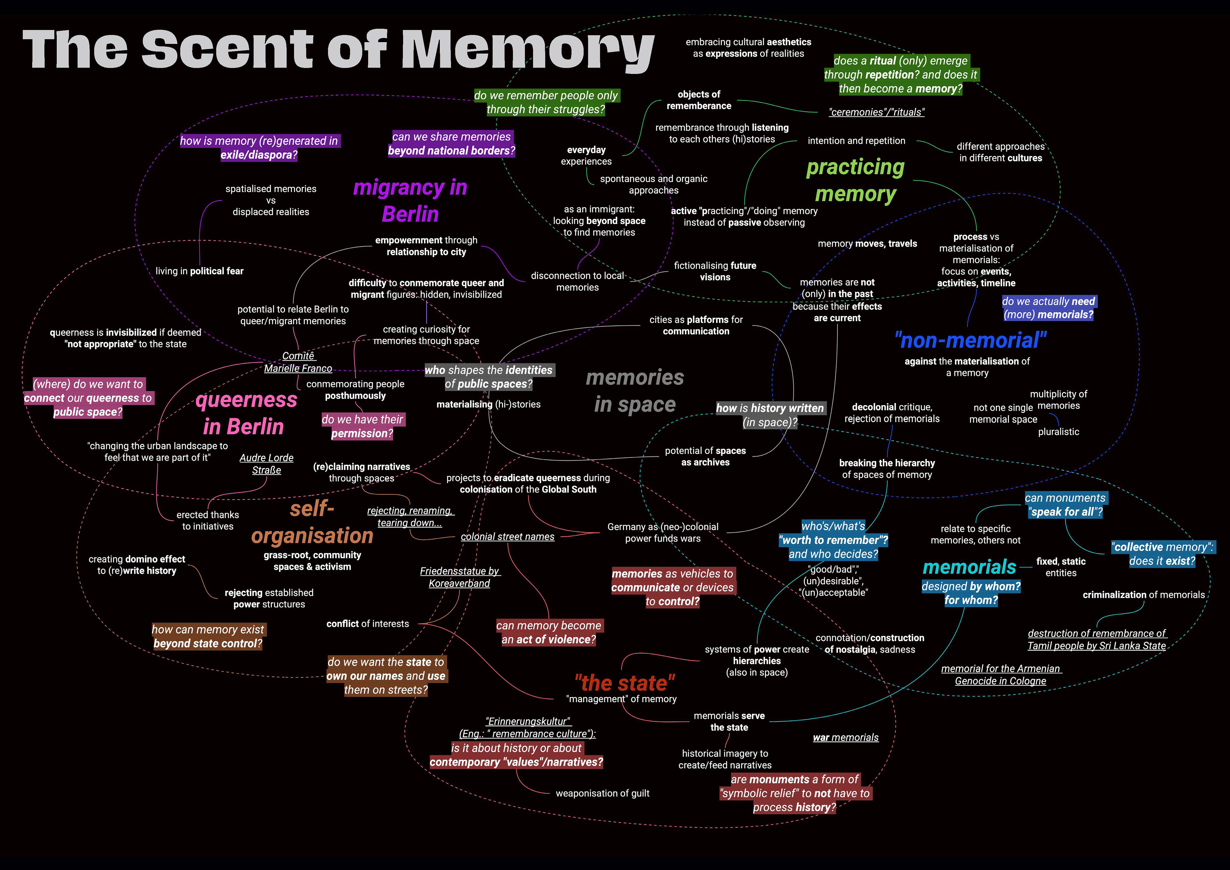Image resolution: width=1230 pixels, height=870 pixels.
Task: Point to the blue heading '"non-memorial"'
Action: (x=970, y=340)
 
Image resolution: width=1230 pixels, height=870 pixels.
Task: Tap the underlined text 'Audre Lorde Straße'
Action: (x=266, y=464)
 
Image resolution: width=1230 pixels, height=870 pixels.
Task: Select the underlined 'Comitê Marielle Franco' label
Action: (x=298, y=362)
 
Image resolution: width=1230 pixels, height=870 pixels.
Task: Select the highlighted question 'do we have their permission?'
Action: (x=363, y=426)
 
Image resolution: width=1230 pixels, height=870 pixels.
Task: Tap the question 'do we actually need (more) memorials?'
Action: (x=1048, y=308)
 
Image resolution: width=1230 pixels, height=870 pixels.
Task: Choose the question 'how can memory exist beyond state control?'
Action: (x=208, y=636)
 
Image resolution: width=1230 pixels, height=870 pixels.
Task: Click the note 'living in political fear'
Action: (x=199, y=271)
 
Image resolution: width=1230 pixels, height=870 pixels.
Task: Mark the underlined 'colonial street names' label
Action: (x=507, y=537)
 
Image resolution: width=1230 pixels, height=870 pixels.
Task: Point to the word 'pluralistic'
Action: (x=1058, y=432)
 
